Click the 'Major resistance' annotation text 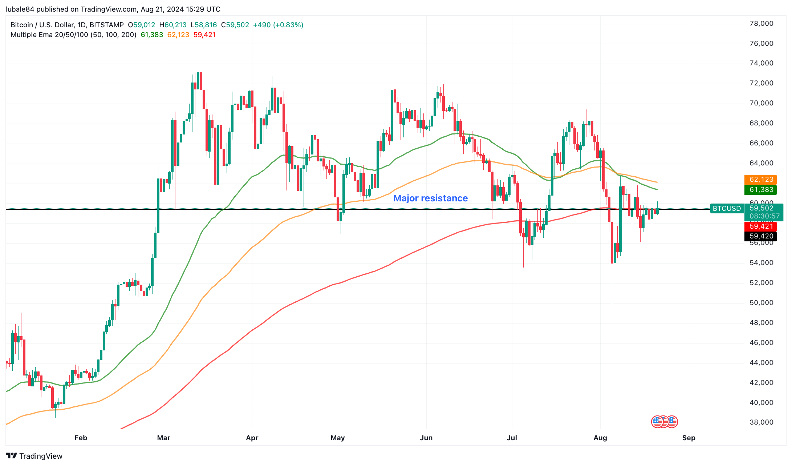click(x=430, y=198)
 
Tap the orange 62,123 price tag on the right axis click(x=761, y=180)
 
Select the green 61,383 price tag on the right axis click(x=761, y=189)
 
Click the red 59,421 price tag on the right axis click(x=761, y=226)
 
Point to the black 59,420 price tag click(x=761, y=236)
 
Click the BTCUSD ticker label click(x=727, y=208)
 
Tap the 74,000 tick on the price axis click(x=761, y=63)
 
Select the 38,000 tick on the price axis click(x=761, y=422)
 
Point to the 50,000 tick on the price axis click(x=761, y=303)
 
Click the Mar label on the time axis click(x=163, y=438)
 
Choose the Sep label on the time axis click(x=689, y=438)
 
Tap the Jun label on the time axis click(x=426, y=438)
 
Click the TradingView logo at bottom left click(x=34, y=456)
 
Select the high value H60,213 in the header click(x=173, y=25)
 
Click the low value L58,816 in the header click(x=203, y=25)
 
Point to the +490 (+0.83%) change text click(x=278, y=25)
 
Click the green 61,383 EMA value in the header click(x=152, y=35)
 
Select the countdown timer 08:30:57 click(x=764, y=216)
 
